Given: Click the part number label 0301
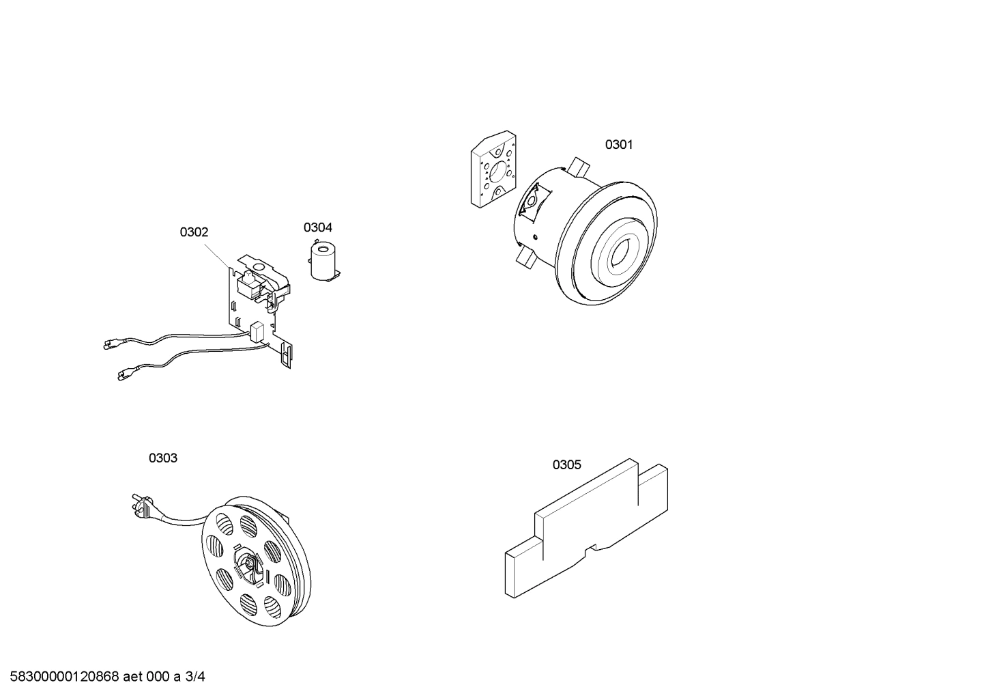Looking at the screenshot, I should (x=619, y=145).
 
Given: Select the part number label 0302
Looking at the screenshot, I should (x=194, y=232).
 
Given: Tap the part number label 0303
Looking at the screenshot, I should (x=163, y=458).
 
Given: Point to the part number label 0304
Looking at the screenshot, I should (x=318, y=227).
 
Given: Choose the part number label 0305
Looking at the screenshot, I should (x=566, y=465).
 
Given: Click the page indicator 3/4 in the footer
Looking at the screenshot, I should (x=195, y=677).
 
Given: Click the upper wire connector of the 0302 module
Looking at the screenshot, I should (x=109, y=345).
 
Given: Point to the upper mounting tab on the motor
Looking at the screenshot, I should (x=578, y=165).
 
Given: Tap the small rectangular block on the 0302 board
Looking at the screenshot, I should (x=257, y=331).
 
